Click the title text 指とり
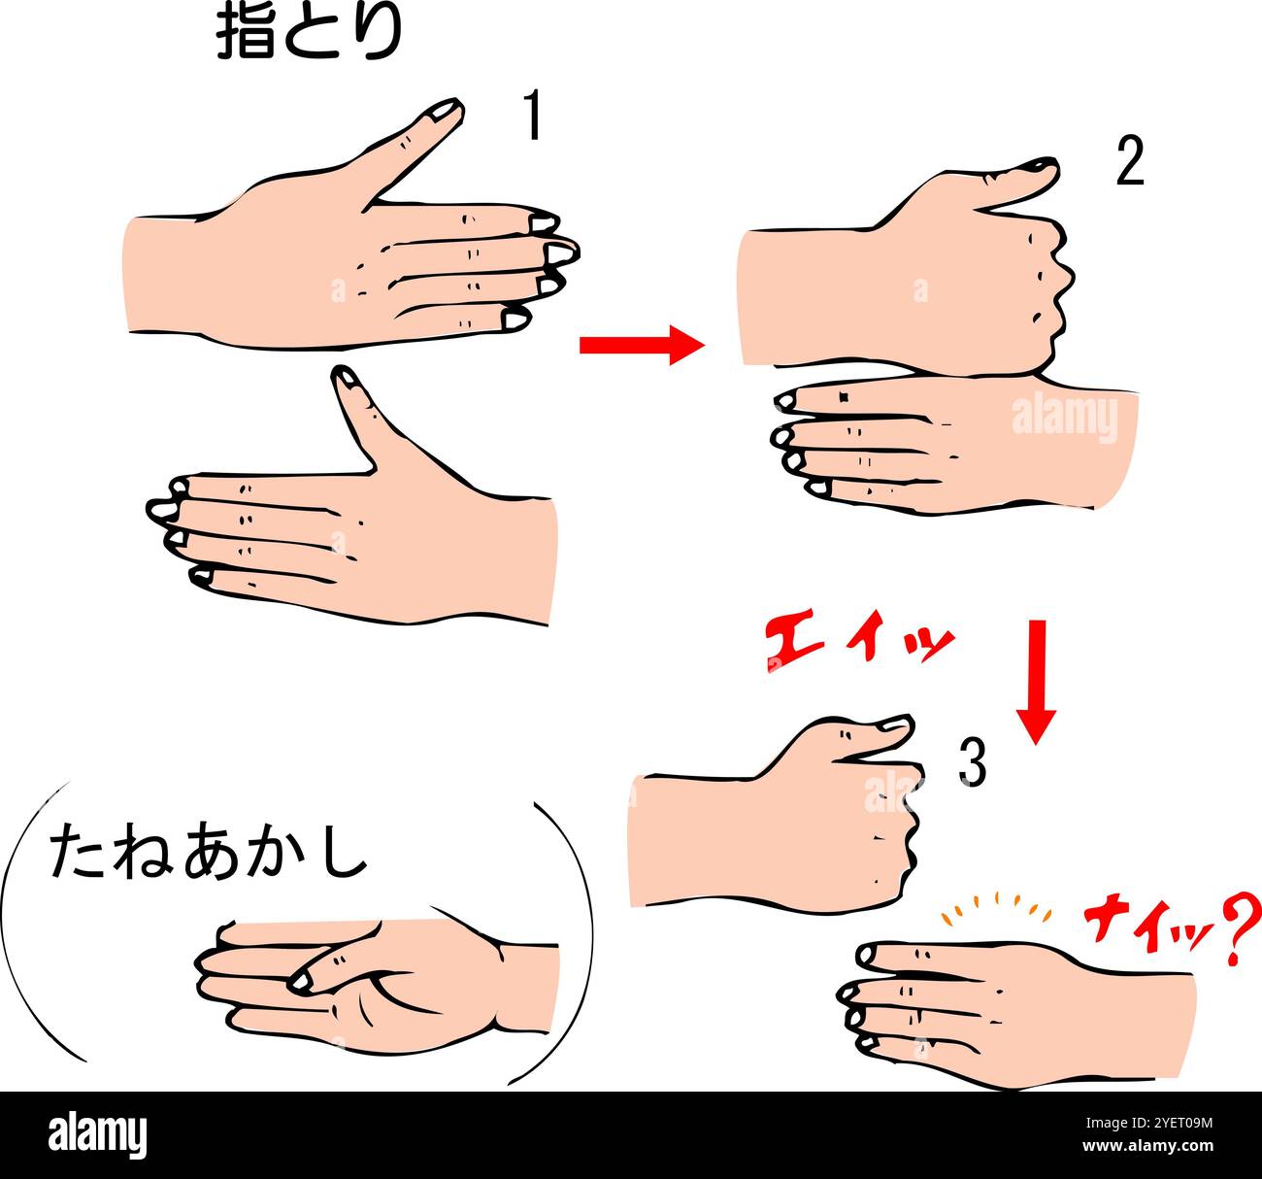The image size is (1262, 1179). tap(309, 34)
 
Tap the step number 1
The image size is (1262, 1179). tap(534, 115)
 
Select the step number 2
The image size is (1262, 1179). tap(1130, 161)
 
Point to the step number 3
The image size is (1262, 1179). tap(973, 762)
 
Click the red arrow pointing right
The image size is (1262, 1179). tap(642, 345)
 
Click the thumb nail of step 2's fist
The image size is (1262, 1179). tap(1043, 166)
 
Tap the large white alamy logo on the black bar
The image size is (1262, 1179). tap(97, 1135)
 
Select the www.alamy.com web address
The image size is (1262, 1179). tap(1147, 1146)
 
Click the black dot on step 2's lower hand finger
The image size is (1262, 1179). tap(844, 397)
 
